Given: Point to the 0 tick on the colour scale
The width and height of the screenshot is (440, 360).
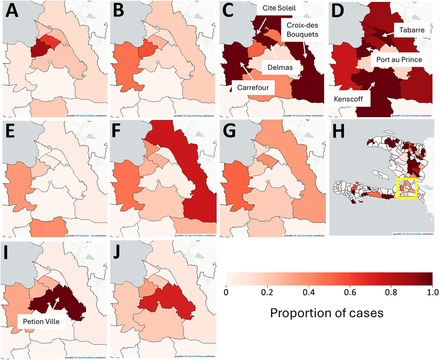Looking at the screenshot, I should pos(226,293).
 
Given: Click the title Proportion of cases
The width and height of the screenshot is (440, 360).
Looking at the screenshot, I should pos(329,313).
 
